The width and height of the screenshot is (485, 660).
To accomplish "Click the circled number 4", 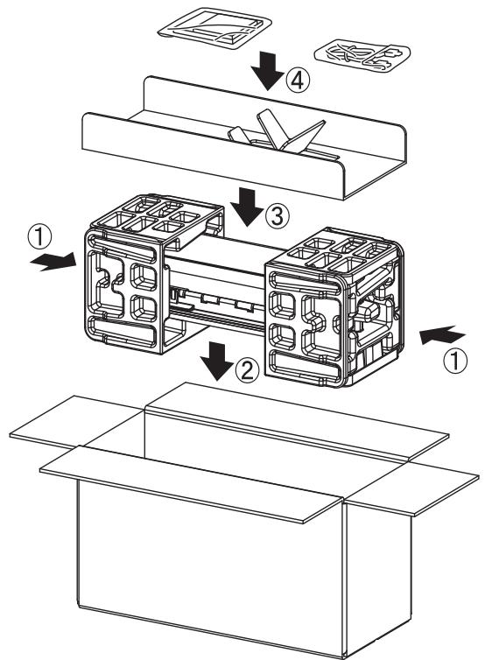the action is pos(298,81).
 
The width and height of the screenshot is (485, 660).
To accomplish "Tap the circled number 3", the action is pos(277,216).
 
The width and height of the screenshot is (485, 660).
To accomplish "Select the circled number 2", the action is pos(247,370).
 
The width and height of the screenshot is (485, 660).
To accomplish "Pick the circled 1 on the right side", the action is pos(455,361).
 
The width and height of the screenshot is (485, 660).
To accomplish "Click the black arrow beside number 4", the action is pos(267,71).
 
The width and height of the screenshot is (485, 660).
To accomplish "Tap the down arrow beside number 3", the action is pos(247,207).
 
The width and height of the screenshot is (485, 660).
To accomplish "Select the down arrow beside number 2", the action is pos(217,362).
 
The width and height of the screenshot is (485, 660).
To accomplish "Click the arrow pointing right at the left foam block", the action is pos(53,262).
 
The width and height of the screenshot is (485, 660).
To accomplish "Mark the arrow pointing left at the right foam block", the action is pos(442,335).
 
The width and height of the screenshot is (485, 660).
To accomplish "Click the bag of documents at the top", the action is pos(214,27).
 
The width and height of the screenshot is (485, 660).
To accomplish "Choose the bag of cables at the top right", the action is pos(362,56).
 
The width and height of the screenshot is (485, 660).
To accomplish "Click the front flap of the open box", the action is pos(192,483).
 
